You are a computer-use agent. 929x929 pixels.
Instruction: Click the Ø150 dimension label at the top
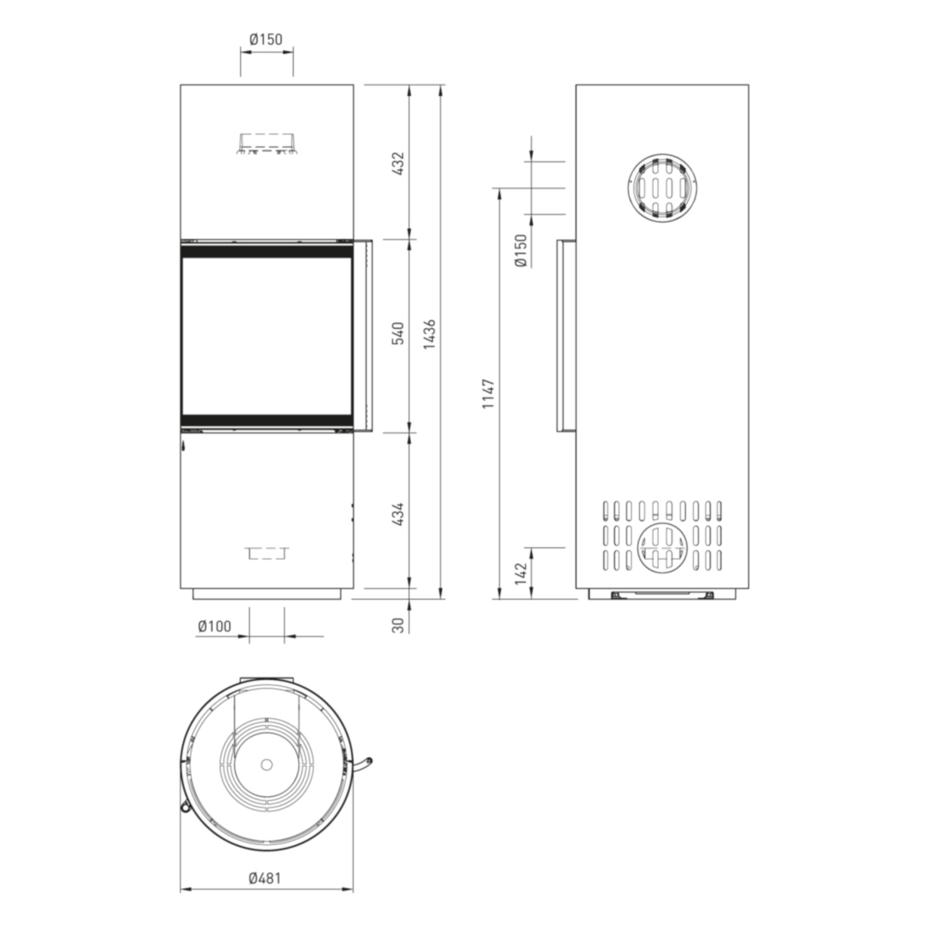tap(266, 40)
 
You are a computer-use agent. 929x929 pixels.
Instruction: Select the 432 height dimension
tap(399, 163)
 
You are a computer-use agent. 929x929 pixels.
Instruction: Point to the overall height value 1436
tap(430, 334)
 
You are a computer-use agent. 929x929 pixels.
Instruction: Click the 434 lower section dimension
tap(399, 514)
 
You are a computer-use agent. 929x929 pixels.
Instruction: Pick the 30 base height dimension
tap(399, 625)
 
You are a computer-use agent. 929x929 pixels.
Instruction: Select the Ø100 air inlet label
tap(214, 626)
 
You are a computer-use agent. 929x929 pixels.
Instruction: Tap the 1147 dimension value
tap(489, 393)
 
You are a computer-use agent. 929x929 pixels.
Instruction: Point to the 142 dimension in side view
tap(520, 574)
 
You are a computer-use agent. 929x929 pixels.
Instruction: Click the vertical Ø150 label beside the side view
tap(520, 250)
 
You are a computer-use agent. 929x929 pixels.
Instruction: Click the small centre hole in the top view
tap(266, 764)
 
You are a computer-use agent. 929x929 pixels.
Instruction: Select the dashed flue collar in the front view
tap(266, 144)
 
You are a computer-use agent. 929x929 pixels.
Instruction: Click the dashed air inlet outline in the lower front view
tap(267, 553)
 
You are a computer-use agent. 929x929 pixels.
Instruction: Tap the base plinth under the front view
tap(267, 594)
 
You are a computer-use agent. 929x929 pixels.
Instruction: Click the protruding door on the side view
tap(566, 335)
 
